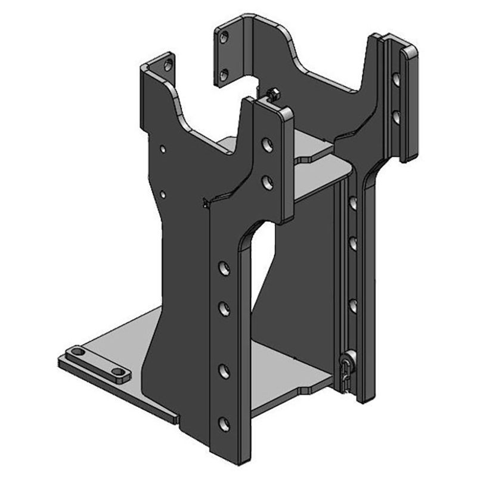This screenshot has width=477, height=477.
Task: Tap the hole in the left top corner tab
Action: click(x=169, y=62)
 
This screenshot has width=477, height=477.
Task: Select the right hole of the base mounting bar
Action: click(x=119, y=372)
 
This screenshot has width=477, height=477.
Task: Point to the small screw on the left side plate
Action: click(x=206, y=203)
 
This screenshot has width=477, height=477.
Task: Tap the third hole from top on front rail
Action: click(x=224, y=267)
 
